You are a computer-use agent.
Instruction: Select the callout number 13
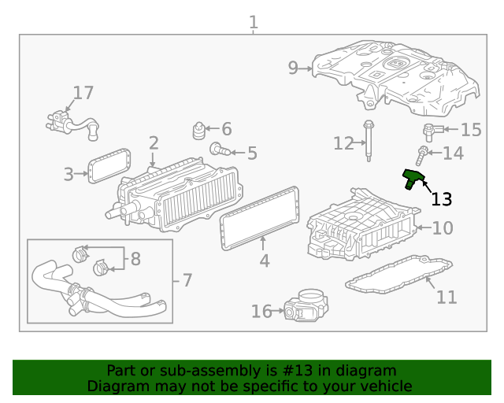click(442, 199)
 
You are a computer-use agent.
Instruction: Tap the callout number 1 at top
click(253, 23)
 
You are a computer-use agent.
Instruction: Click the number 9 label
click(293, 68)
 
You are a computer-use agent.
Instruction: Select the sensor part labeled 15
click(430, 131)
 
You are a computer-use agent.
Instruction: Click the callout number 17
click(83, 93)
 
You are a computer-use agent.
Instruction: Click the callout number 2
click(154, 143)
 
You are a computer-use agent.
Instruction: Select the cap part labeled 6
click(199, 128)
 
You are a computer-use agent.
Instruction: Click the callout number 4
click(264, 261)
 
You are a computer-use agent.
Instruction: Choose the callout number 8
click(135, 258)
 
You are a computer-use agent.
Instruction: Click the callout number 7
click(187, 280)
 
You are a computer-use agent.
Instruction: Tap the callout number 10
click(443, 228)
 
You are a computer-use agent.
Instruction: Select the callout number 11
click(447, 298)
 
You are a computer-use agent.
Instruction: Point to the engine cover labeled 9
click(394, 75)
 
